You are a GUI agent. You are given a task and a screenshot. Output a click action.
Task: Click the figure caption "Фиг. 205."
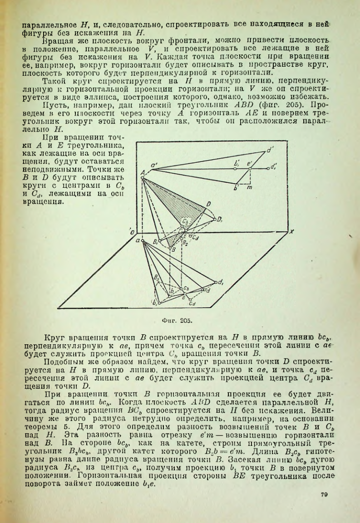click(179, 318)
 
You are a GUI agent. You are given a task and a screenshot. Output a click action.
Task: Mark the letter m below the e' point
click(249, 188)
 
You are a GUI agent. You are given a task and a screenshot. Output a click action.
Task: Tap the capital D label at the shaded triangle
click(209, 205)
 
